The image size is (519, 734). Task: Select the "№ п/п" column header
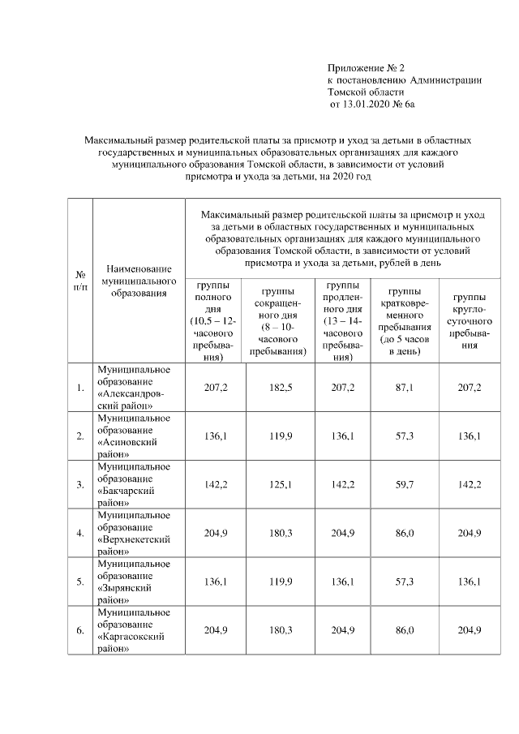(80, 280)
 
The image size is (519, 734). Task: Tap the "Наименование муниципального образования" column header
(136, 280)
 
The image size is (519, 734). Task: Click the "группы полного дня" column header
(213, 320)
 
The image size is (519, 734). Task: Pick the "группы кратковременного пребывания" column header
(403, 320)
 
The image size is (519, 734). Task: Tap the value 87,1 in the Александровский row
(403, 388)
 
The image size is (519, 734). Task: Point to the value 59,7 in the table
(403, 485)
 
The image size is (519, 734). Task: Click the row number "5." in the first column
(80, 582)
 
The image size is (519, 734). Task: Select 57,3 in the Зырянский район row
(403, 582)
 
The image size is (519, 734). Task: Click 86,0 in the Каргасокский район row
(403, 631)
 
